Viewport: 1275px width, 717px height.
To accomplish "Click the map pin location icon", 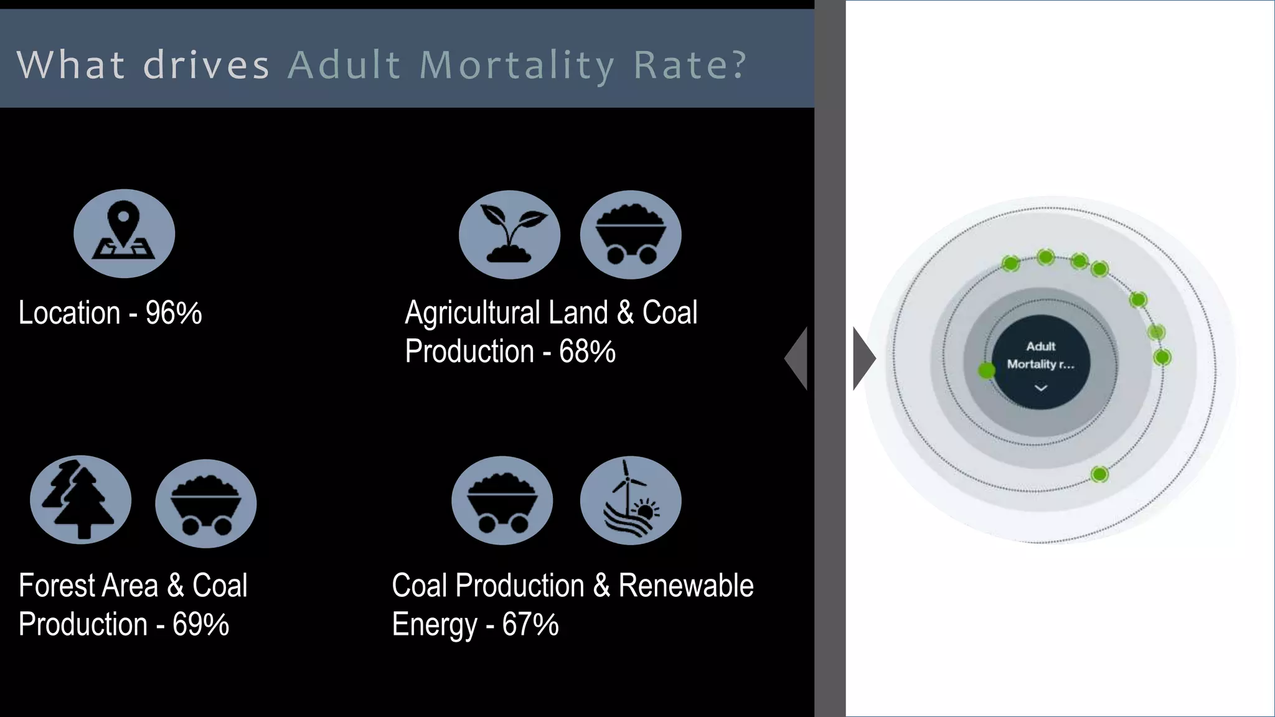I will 124,233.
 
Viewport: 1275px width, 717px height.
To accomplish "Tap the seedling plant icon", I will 509,235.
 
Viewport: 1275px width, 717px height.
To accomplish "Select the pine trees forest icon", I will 80,500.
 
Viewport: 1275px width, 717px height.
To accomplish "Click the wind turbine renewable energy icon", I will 630,501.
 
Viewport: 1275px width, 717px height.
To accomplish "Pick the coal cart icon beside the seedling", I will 631,235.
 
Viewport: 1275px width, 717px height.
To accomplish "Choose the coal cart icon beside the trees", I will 205,504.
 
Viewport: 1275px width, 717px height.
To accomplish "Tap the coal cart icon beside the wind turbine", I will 502,501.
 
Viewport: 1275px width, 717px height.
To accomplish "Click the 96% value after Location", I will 174,312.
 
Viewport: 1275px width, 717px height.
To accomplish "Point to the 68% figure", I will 587,352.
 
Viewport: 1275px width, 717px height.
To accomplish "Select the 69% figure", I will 200,624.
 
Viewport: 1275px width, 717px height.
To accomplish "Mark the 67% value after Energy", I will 530,624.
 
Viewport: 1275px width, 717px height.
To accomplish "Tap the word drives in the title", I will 206,65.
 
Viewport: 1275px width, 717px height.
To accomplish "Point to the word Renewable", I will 686,586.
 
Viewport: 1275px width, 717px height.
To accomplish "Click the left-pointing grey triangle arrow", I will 797,358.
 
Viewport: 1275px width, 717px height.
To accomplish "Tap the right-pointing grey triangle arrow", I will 863,358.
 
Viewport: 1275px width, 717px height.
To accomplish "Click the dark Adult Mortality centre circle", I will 1041,362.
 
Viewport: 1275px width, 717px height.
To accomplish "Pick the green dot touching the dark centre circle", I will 986,371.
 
